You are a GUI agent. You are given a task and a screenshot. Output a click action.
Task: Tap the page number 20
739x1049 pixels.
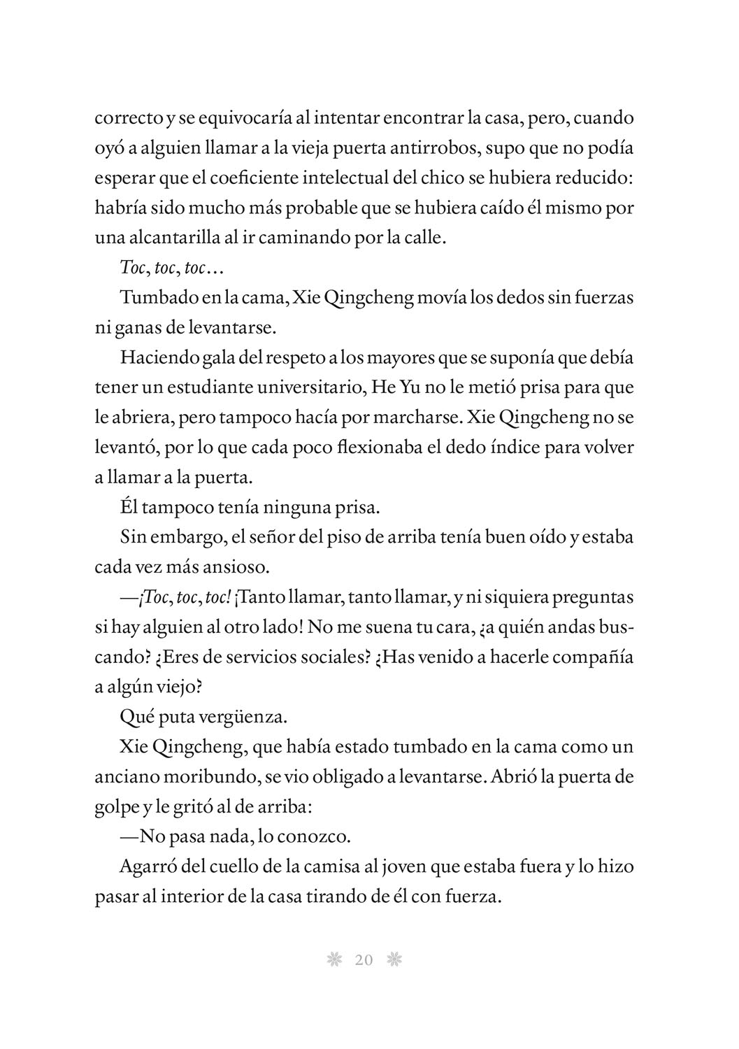364,960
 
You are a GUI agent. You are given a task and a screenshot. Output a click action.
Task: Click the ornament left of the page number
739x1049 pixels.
333,960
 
